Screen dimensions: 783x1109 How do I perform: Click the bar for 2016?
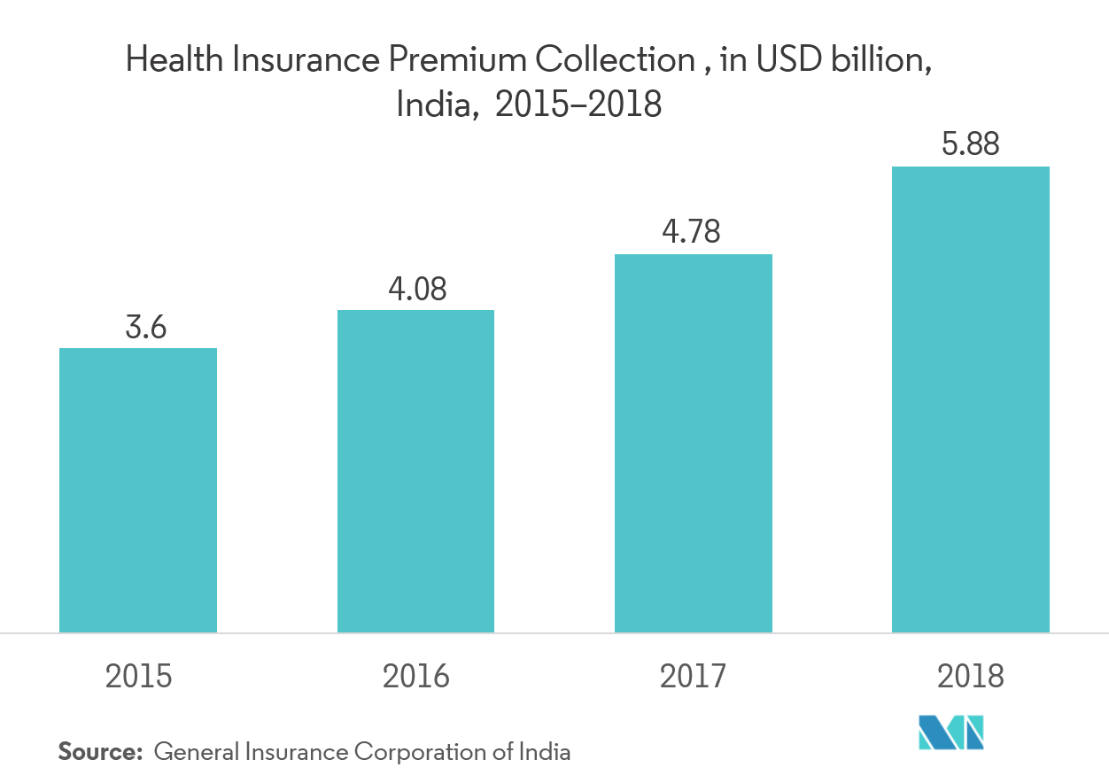[415, 471]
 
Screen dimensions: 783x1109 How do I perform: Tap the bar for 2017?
[694, 443]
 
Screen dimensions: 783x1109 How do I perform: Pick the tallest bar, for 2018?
[971, 399]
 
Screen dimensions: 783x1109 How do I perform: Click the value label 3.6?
[146, 328]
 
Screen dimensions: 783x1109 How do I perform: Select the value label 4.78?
[692, 233]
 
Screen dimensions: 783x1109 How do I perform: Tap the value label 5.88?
[971, 144]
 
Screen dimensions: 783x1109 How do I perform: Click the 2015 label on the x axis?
[138, 677]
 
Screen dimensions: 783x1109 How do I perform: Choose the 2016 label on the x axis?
[415, 677]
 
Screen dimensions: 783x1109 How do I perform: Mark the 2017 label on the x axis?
[693, 677]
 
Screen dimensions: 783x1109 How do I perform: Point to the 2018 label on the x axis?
[971, 677]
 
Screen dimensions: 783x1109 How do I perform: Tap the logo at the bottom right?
[950, 733]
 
